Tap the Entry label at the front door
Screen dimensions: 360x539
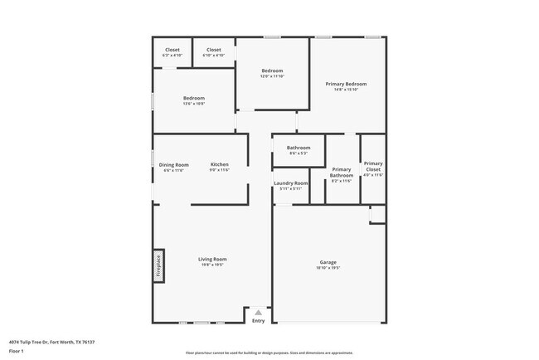(x=259, y=321)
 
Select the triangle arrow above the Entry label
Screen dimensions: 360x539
(x=259, y=313)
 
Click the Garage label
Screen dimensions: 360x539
(x=328, y=262)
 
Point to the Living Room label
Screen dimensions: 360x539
(x=212, y=259)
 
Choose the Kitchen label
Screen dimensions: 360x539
(x=219, y=164)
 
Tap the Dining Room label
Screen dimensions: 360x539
(x=174, y=164)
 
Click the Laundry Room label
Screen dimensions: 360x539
(x=290, y=182)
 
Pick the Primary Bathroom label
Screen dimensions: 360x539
(x=342, y=173)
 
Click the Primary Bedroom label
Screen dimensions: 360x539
(x=346, y=84)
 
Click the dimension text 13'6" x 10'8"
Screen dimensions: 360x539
(x=194, y=104)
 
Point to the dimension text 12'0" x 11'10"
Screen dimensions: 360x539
(x=274, y=77)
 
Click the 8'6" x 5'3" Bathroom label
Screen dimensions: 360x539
(x=299, y=148)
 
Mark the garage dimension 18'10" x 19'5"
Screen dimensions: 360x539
(x=328, y=268)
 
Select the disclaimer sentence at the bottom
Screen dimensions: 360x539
(x=269, y=353)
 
